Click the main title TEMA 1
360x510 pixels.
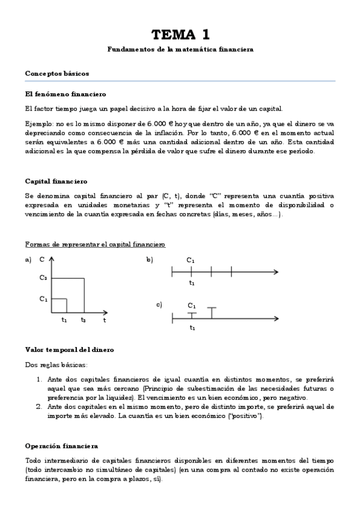pyautogui.click(x=180, y=34)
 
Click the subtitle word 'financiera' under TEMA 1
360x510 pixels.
pyautogui.click(x=234, y=49)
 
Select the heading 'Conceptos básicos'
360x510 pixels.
pyautogui.click(x=57, y=73)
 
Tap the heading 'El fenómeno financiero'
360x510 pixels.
pyautogui.click(x=66, y=94)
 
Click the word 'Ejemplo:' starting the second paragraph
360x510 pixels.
pyautogui.click(x=39, y=122)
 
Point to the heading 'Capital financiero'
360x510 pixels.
pyautogui.click(x=56, y=181)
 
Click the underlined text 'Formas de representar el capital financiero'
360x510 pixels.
pyautogui.click(x=95, y=245)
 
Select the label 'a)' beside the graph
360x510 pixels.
pyautogui.click(x=28, y=260)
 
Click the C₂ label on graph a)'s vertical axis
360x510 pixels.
pyautogui.click(x=43, y=278)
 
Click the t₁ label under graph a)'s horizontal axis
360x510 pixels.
pyautogui.click(x=64, y=320)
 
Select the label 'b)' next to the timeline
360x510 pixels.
pyautogui.click(x=150, y=260)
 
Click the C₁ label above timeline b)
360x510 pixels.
pyautogui.click(x=191, y=260)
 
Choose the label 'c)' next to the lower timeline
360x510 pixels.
pyautogui.click(x=159, y=304)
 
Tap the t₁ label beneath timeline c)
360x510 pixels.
pyautogui.click(x=192, y=328)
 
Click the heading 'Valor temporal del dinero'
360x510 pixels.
pyautogui.click(x=69, y=349)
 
